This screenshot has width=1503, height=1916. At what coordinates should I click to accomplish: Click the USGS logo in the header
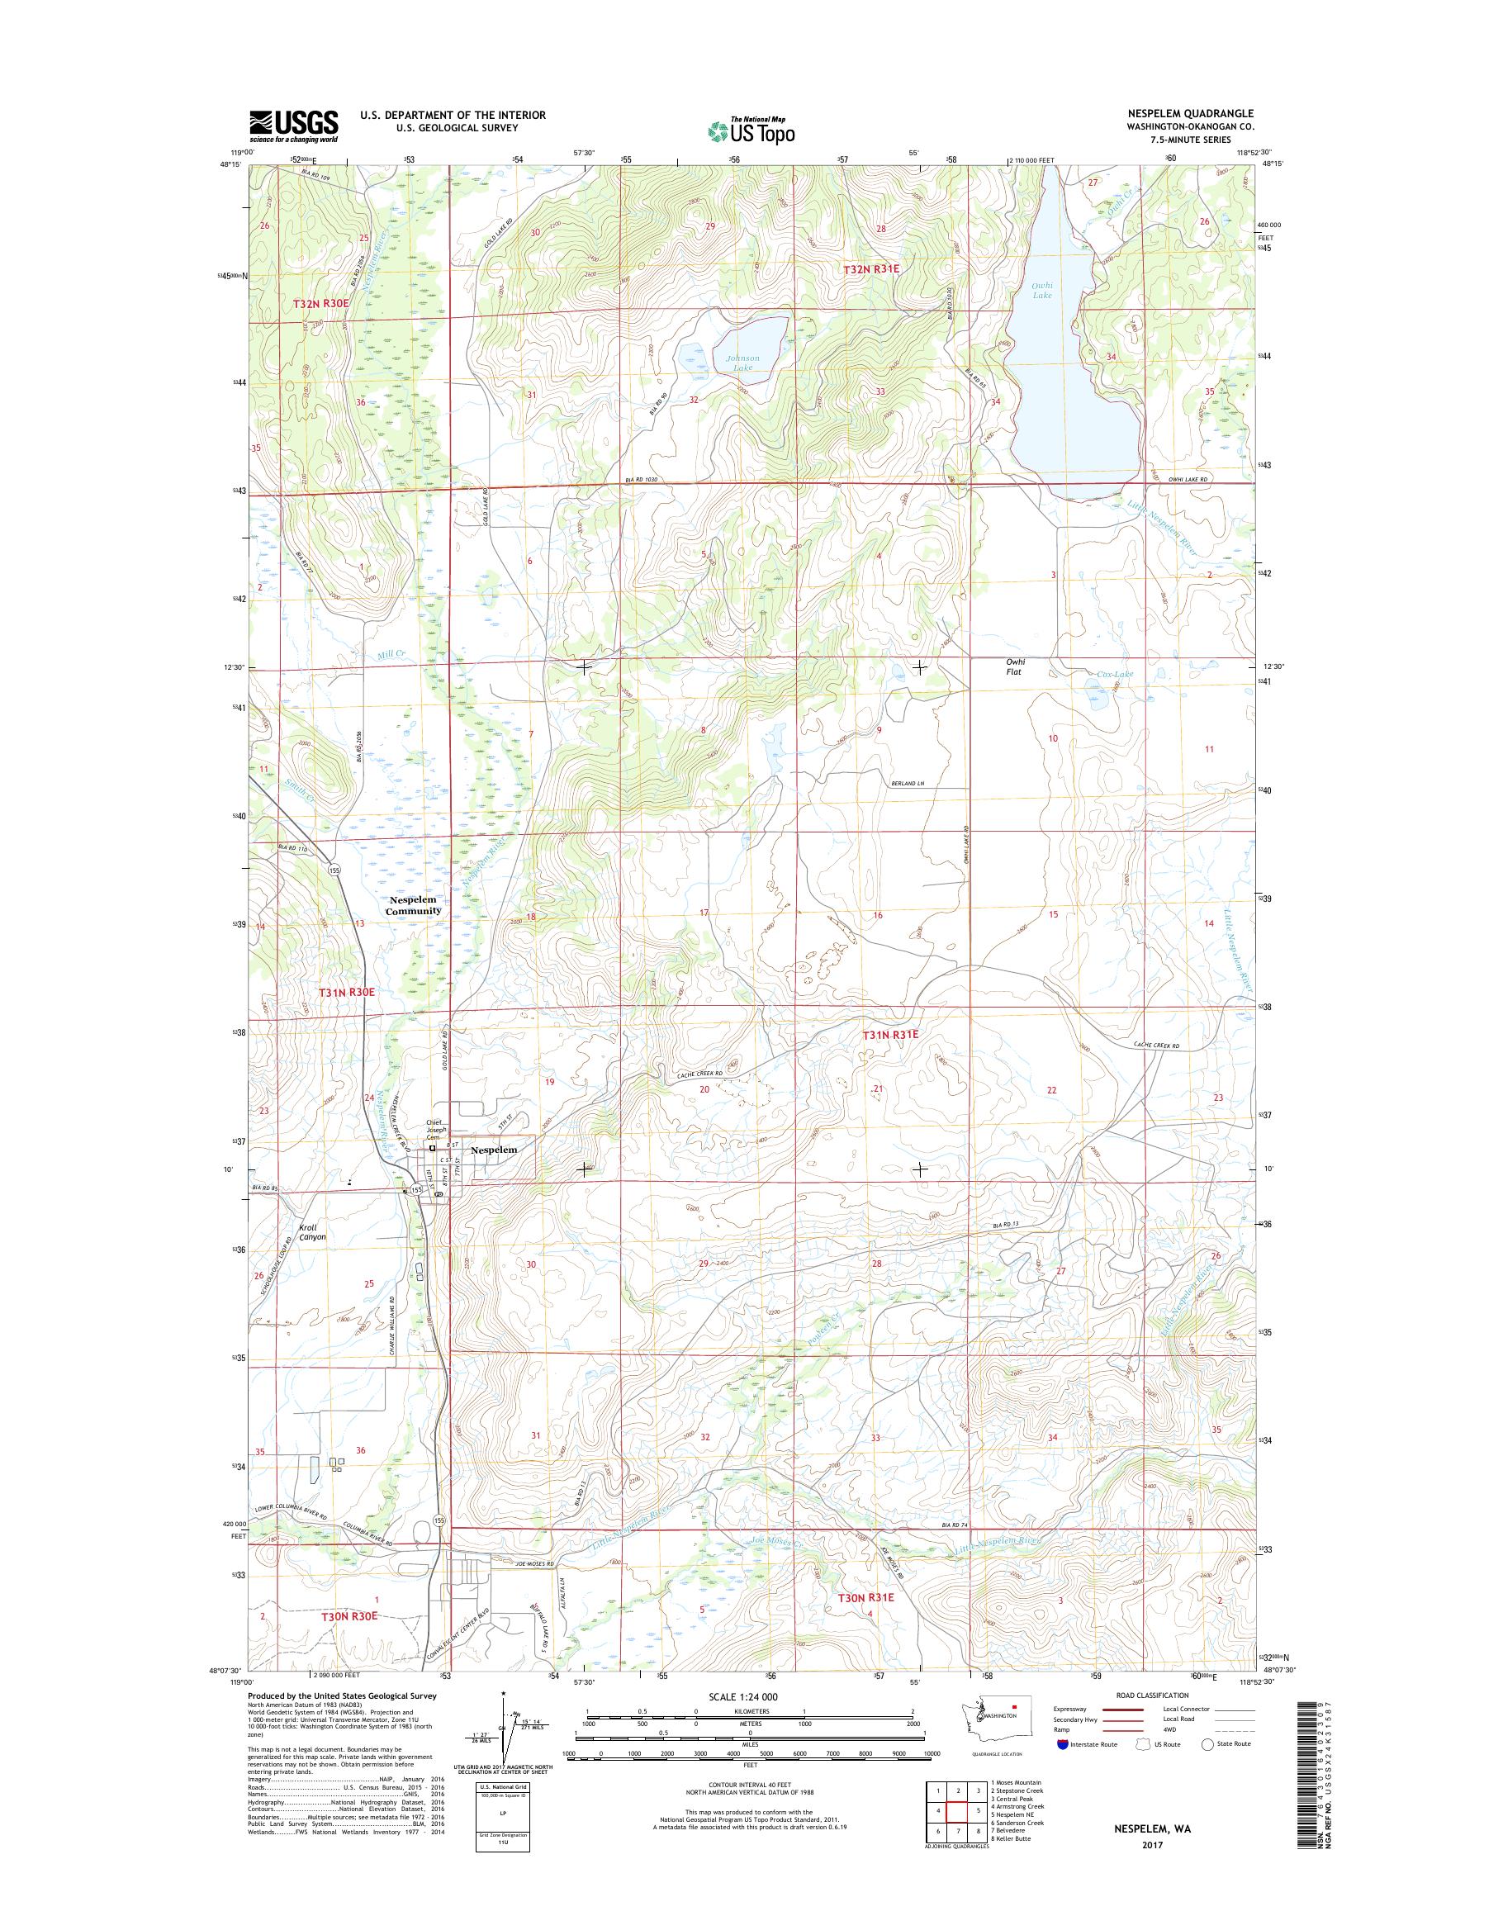293,126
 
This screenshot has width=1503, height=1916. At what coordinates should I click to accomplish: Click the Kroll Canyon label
311,1231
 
